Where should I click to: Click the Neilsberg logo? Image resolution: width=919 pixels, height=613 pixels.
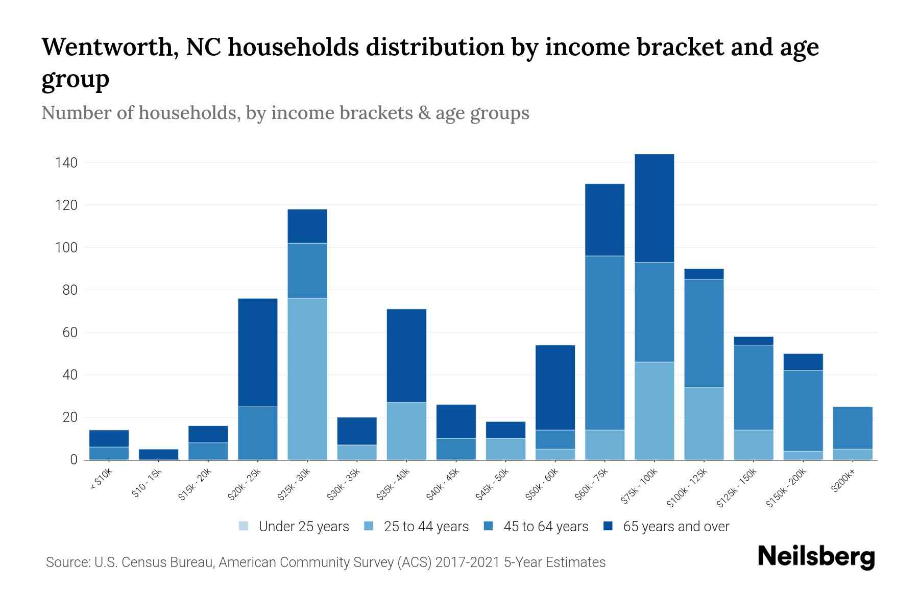pos(816,557)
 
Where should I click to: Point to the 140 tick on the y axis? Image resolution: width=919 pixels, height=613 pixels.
pos(66,163)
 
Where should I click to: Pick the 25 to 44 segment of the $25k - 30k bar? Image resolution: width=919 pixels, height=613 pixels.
pos(307,379)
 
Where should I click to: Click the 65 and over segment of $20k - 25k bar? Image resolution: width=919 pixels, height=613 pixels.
pos(258,352)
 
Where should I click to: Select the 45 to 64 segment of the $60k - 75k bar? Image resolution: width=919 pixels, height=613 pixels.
pos(604,342)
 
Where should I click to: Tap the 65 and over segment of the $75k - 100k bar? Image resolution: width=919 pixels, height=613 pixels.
pos(654,208)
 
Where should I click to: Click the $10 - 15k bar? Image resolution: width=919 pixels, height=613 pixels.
pos(158,454)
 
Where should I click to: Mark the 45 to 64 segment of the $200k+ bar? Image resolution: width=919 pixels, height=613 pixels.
pos(852,428)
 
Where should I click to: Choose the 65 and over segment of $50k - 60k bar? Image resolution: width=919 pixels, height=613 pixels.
pos(555,387)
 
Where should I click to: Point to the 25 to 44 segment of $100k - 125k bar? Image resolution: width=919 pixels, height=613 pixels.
pos(704,423)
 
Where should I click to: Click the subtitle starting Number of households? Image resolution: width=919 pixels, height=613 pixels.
pos(285,113)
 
